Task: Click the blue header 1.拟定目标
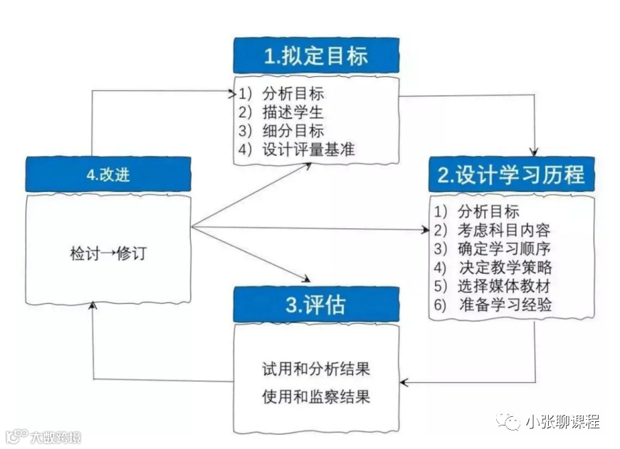316,56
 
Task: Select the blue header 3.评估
316,305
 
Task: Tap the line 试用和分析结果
316,369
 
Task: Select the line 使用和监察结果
316,396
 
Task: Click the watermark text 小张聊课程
562,422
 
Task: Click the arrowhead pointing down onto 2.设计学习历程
535,151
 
